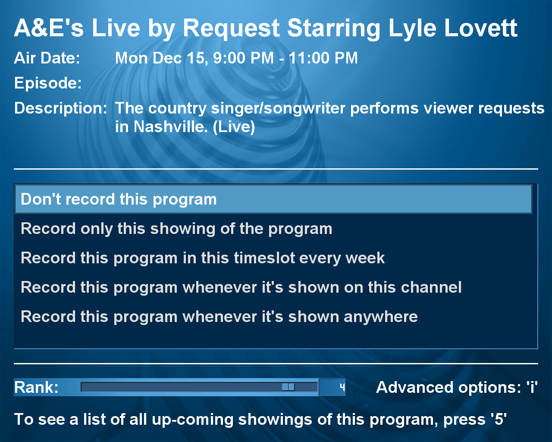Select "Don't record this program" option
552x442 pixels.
(x=273, y=199)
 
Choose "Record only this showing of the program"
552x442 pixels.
(x=176, y=229)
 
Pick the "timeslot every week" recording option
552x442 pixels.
(x=203, y=258)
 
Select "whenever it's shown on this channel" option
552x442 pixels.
(x=241, y=287)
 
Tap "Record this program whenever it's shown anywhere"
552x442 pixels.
(x=219, y=316)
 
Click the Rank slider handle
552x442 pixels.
(x=288, y=387)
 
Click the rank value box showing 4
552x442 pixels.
(x=332, y=387)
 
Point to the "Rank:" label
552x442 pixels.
(x=36, y=387)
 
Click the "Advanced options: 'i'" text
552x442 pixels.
(x=457, y=387)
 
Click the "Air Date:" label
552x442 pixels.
(x=47, y=58)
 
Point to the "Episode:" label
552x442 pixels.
(x=48, y=83)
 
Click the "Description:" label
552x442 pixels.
(x=60, y=108)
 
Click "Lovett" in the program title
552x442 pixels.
(x=481, y=28)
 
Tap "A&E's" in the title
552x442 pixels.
(x=49, y=28)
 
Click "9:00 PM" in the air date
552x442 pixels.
(x=243, y=58)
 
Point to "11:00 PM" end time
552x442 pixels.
(x=323, y=58)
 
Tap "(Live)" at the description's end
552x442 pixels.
(x=234, y=127)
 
